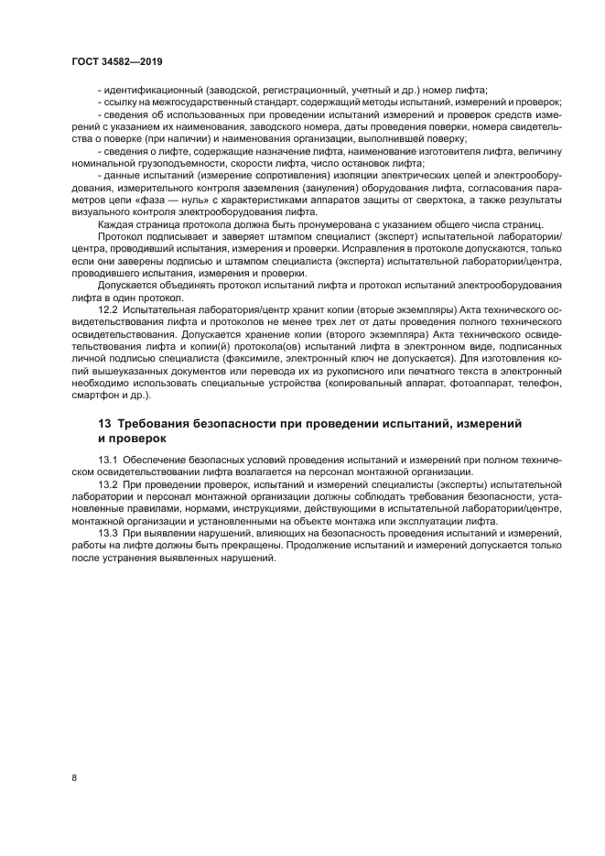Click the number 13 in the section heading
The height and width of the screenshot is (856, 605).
click(x=104, y=424)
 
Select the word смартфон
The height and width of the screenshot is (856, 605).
click(x=95, y=395)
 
